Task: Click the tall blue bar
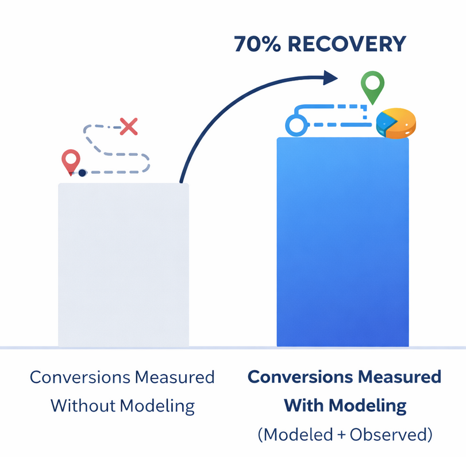tap(342, 242)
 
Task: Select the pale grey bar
tap(124, 265)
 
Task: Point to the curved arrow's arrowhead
tap(330, 77)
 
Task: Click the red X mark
tap(128, 126)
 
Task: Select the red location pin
tap(71, 161)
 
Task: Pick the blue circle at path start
tap(297, 124)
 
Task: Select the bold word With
tap(304, 406)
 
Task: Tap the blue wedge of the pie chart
tap(385, 122)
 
